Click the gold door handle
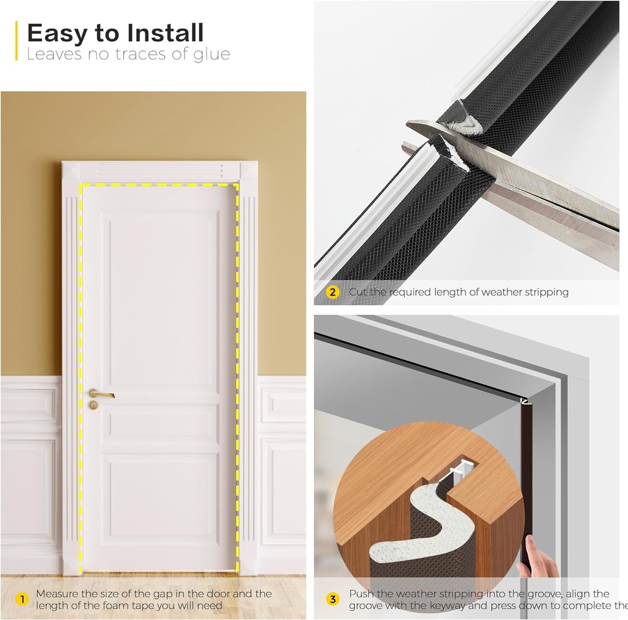pos(101,394)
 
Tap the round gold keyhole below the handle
pos(93,406)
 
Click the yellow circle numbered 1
pos(21,599)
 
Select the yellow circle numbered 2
pos(332,292)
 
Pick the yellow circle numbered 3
pos(332,599)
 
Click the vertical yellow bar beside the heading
pos(17,40)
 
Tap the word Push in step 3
pos(361,594)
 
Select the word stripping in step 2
pos(545,292)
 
